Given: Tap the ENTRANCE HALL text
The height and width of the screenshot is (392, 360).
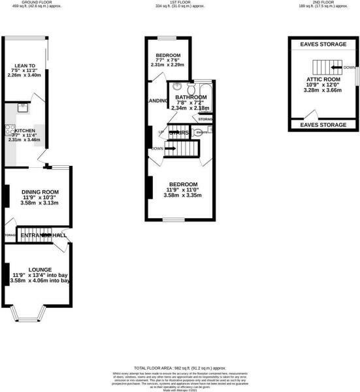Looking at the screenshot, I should [x=43, y=235].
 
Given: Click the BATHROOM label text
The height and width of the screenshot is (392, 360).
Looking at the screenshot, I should [x=191, y=98].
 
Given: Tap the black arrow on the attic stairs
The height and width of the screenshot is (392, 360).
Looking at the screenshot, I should [x=336, y=67].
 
